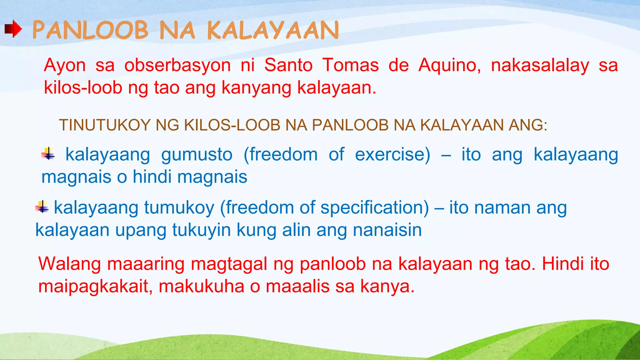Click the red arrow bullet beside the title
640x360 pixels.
pyautogui.click(x=13, y=29)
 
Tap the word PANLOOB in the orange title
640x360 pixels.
pyautogui.click(x=90, y=30)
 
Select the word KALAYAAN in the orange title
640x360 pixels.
pyautogui.click(x=273, y=30)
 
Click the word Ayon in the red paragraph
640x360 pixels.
pyautogui.click(x=65, y=66)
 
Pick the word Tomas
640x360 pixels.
pyautogui.click(x=350, y=65)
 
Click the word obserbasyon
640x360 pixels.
pyautogui.click(x=177, y=66)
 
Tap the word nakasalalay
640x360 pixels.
pyautogui.click(x=540, y=66)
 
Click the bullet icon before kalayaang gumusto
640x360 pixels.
pyautogui.click(x=48, y=154)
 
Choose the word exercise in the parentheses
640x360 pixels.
pyautogui.click(x=392, y=154)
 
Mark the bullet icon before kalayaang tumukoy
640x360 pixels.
pyautogui.click(x=42, y=207)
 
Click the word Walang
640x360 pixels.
pyautogui.click(x=69, y=264)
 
